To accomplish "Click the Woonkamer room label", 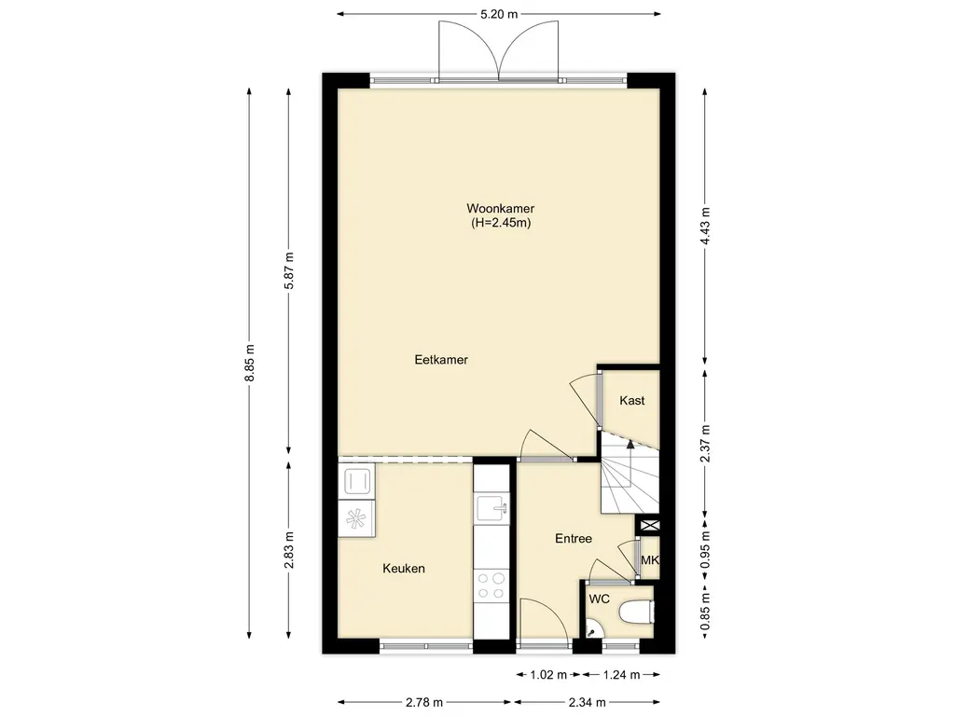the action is [500, 209].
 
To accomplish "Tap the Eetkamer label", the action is [441, 360].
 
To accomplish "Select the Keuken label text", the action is [404, 569].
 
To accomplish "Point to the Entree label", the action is [574, 539].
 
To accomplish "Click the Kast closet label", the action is [631, 401].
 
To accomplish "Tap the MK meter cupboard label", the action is [650, 559].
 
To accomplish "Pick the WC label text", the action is [600, 599].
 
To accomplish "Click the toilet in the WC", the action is [636, 612].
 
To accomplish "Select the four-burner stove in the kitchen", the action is [491, 585].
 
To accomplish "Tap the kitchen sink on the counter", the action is [492, 509].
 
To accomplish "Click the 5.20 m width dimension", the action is [499, 15].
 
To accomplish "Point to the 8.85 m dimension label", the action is [249, 364].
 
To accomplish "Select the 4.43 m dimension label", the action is [705, 226].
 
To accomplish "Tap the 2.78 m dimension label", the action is [424, 703].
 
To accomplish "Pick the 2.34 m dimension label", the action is [588, 703].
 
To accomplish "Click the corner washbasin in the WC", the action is [591, 631].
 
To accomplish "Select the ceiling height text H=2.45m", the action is [501, 223].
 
